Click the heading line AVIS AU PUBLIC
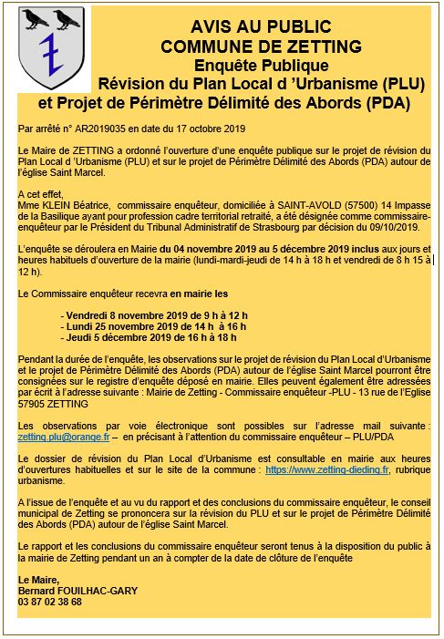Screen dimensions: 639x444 tap(247, 27)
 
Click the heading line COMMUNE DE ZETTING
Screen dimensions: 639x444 tap(247, 46)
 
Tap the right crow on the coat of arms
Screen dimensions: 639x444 tap(67, 17)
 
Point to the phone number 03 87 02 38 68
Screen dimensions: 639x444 tap(50, 602)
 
